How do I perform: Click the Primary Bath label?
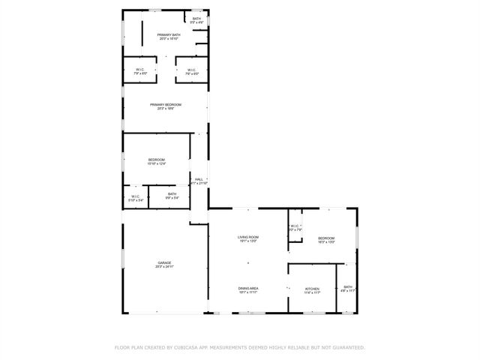[x=169, y=35]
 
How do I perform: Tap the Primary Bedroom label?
[x=166, y=104]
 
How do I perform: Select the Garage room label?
[x=164, y=262]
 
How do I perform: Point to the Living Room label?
[x=248, y=237]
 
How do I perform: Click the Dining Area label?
[x=248, y=288]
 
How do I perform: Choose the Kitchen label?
[x=312, y=289]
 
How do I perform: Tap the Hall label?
[x=199, y=179]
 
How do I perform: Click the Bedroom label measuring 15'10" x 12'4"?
[x=157, y=160]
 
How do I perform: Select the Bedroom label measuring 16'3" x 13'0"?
[x=326, y=238]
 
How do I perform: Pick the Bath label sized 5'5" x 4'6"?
[x=196, y=19]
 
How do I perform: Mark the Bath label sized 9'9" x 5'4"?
[x=172, y=194]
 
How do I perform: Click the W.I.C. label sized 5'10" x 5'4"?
[x=136, y=196]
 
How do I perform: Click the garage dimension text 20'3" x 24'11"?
[x=164, y=267]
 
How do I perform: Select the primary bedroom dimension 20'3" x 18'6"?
[x=166, y=109]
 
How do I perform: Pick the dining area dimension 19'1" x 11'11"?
[x=248, y=292]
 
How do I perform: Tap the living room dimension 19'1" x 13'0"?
[x=248, y=241]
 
